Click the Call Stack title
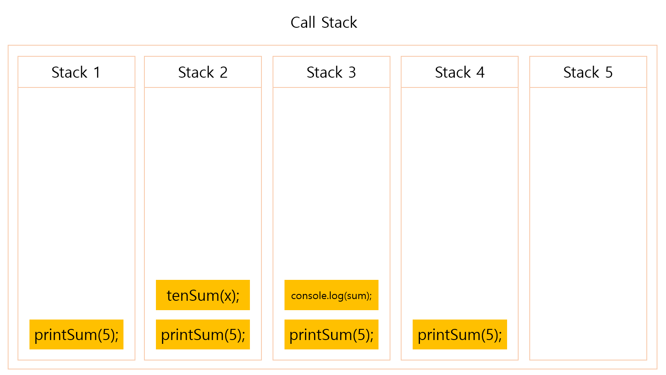point(324,23)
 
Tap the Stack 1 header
point(76,73)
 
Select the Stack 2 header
point(203,73)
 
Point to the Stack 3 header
point(331,73)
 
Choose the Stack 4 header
point(460,73)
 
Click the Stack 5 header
point(588,73)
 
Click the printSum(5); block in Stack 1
point(76,334)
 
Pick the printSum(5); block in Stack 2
point(203,334)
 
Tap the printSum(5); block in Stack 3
point(332,334)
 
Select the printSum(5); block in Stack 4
point(460,334)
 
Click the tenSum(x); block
point(203,295)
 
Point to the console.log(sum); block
point(332,295)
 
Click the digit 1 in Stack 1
point(97,73)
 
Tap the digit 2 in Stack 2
point(223,73)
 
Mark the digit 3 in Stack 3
point(352,73)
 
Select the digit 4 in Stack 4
point(481,73)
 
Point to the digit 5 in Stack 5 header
point(609,73)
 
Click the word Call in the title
point(303,23)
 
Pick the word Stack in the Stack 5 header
point(581,73)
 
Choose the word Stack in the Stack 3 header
point(324,73)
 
